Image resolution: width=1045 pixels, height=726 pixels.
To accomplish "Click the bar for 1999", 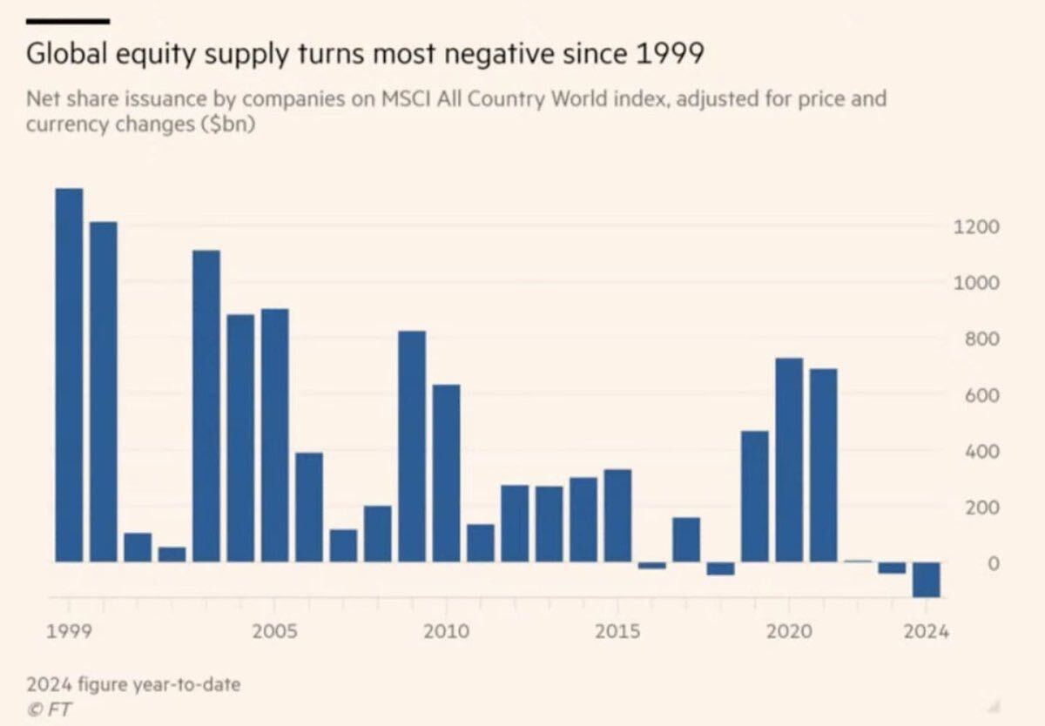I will click(x=69, y=374).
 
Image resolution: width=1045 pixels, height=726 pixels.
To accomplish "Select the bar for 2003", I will click(x=206, y=406).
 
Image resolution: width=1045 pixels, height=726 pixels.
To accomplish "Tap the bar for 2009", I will click(x=412, y=446).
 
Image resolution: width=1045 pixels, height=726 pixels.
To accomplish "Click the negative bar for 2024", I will click(x=926, y=580).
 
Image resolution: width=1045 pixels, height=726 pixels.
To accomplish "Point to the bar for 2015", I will click(x=617, y=515).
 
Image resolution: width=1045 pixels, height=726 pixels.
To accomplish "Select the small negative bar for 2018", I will click(x=720, y=569).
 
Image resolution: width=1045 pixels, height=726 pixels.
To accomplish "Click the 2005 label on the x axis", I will click(x=274, y=631).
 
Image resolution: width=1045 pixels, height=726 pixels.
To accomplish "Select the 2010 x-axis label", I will click(x=446, y=631).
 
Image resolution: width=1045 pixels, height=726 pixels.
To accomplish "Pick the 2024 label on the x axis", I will click(x=926, y=631).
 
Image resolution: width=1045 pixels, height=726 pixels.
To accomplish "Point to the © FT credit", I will click(x=50, y=709).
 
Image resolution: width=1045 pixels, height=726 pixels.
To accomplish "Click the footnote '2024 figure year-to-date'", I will click(x=133, y=684).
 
